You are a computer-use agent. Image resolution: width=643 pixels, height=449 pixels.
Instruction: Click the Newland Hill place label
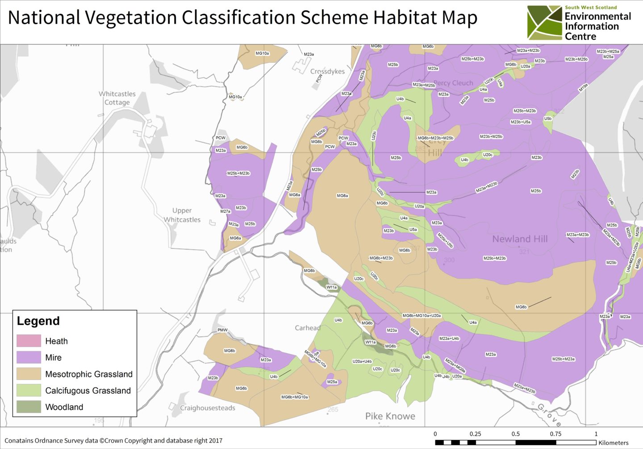(520, 239)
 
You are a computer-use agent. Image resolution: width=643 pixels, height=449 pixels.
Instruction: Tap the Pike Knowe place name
(390, 416)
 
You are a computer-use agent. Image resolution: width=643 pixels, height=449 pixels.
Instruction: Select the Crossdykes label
(327, 71)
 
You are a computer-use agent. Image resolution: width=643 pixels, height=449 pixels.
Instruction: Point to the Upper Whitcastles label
(182, 215)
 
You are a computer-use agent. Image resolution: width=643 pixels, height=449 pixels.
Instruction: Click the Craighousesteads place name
(207, 408)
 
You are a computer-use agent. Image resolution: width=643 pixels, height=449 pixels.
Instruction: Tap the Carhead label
(307, 328)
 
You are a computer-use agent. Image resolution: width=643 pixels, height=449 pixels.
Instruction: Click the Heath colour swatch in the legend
(29, 341)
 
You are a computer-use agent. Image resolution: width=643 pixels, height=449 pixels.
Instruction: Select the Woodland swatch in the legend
(29, 407)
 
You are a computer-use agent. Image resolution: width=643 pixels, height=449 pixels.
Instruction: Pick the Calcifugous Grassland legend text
(88, 391)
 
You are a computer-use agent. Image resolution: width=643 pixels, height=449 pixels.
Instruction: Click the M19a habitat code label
(583, 87)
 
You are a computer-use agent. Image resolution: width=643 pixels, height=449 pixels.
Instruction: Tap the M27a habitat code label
(225, 211)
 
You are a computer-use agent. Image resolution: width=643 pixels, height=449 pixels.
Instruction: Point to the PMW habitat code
(222, 330)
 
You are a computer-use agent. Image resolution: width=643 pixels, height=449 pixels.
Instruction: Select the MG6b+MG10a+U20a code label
(422, 316)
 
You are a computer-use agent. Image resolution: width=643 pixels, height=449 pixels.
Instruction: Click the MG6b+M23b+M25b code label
(435, 138)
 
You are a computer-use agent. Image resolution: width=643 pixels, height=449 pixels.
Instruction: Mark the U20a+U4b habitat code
(362, 361)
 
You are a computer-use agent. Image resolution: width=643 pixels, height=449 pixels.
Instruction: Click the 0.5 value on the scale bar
(515, 434)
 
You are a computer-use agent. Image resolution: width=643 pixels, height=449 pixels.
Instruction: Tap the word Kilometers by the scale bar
(613, 443)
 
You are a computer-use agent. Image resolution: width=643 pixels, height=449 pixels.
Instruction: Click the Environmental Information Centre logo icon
(544, 23)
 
